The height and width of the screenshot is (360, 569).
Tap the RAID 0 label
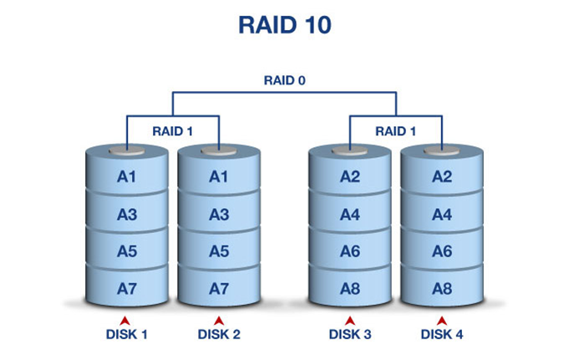click(x=284, y=82)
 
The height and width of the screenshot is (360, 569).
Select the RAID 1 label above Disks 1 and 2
click(x=173, y=130)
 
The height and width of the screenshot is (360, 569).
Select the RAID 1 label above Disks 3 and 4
click(x=396, y=130)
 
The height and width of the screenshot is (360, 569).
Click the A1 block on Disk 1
click(x=127, y=176)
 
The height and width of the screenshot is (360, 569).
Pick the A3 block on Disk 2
click(x=218, y=215)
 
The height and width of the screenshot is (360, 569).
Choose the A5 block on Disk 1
click(x=127, y=251)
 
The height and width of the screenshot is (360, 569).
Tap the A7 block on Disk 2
click(x=218, y=288)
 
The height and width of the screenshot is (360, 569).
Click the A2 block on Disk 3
click(x=350, y=176)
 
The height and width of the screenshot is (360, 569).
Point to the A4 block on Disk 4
click(x=441, y=215)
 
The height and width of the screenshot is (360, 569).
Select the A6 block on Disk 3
click(x=350, y=251)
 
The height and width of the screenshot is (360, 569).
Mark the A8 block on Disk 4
click(x=441, y=288)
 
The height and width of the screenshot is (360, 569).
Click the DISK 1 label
click(x=126, y=335)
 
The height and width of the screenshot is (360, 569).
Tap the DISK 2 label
click(x=219, y=335)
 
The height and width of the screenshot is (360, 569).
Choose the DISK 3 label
click(x=350, y=335)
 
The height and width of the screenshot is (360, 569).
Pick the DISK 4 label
click(x=442, y=335)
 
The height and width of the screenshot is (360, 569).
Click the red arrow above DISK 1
click(x=126, y=320)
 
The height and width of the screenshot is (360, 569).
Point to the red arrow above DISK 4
click(x=442, y=320)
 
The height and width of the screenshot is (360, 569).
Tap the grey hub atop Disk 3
click(x=350, y=152)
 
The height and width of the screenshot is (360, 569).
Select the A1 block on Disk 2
click(x=218, y=176)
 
